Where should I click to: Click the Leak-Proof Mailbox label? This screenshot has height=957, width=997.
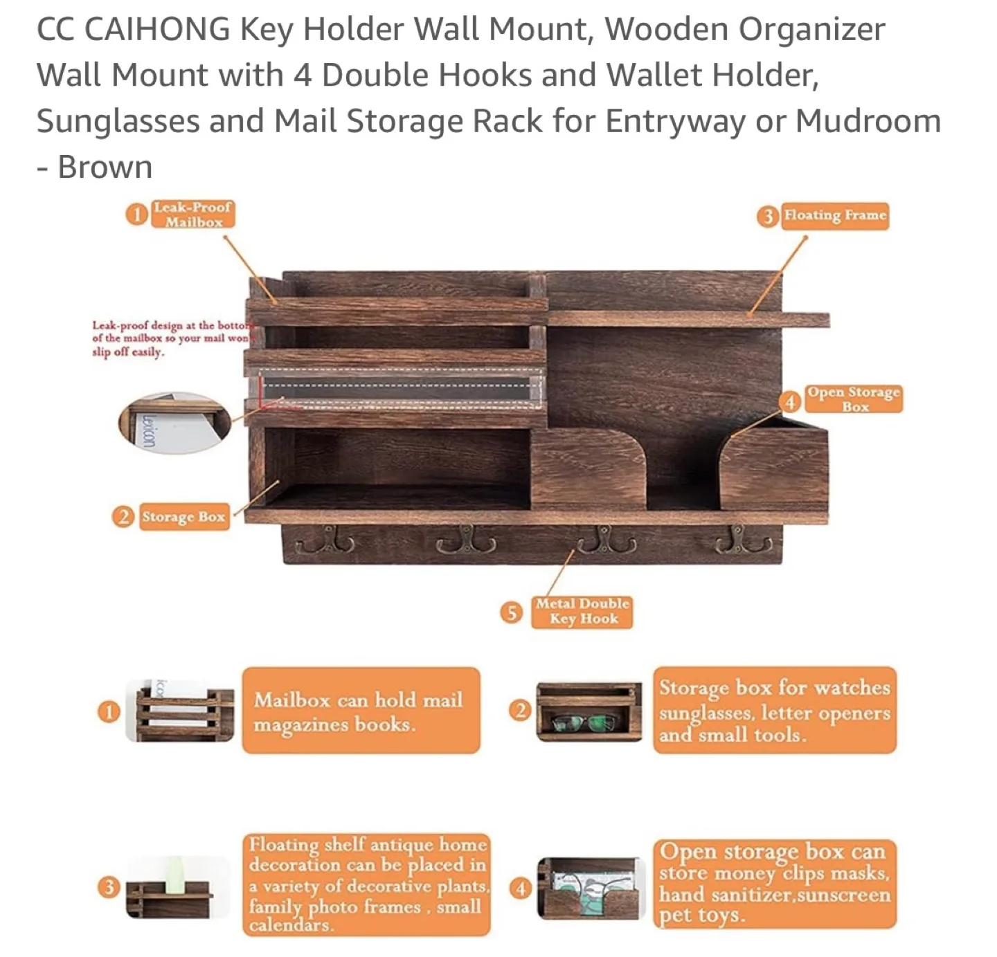pyautogui.click(x=192, y=215)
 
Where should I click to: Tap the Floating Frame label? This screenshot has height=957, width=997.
pyautogui.click(x=834, y=215)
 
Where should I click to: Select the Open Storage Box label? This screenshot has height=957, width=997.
pyautogui.click(x=854, y=399)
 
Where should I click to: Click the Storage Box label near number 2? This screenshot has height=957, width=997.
pyautogui.click(x=183, y=517)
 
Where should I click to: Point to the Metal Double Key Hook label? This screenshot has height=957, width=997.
pyautogui.click(x=582, y=612)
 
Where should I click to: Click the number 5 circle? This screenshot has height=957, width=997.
pyautogui.click(x=511, y=612)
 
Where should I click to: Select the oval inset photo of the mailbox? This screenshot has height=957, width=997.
pyautogui.click(x=174, y=422)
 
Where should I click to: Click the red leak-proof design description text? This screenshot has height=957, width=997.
pyautogui.click(x=172, y=338)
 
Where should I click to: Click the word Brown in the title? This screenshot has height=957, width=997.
pyautogui.click(x=105, y=167)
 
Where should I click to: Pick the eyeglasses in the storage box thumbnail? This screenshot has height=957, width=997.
pyautogui.click(x=583, y=724)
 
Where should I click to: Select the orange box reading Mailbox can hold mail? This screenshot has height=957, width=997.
pyautogui.click(x=361, y=711)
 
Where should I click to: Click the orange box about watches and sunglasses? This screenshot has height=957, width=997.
pyautogui.click(x=774, y=711)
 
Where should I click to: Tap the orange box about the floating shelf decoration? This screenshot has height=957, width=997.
pyautogui.click(x=367, y=884)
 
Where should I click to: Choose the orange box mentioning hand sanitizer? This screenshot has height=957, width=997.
pyautogui.click(x=774, y=884)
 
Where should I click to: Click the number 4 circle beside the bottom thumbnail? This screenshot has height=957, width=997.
pyautogui.click(x=520, y=888)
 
